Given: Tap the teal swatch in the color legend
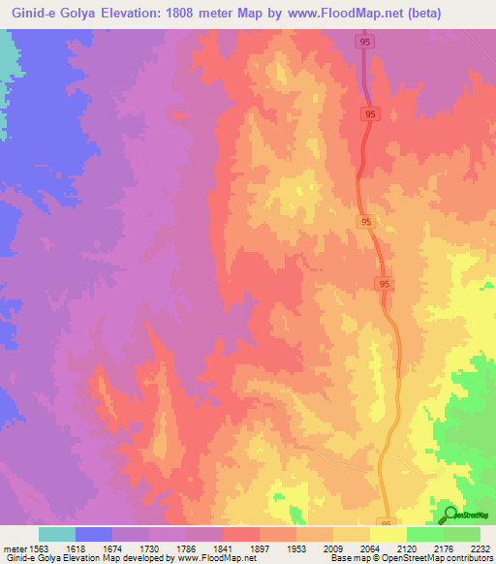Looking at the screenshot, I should click(x=57, y=534).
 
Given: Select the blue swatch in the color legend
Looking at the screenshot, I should click(x=94, y=534).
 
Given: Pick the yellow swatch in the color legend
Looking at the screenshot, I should click(x=387, y=534).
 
